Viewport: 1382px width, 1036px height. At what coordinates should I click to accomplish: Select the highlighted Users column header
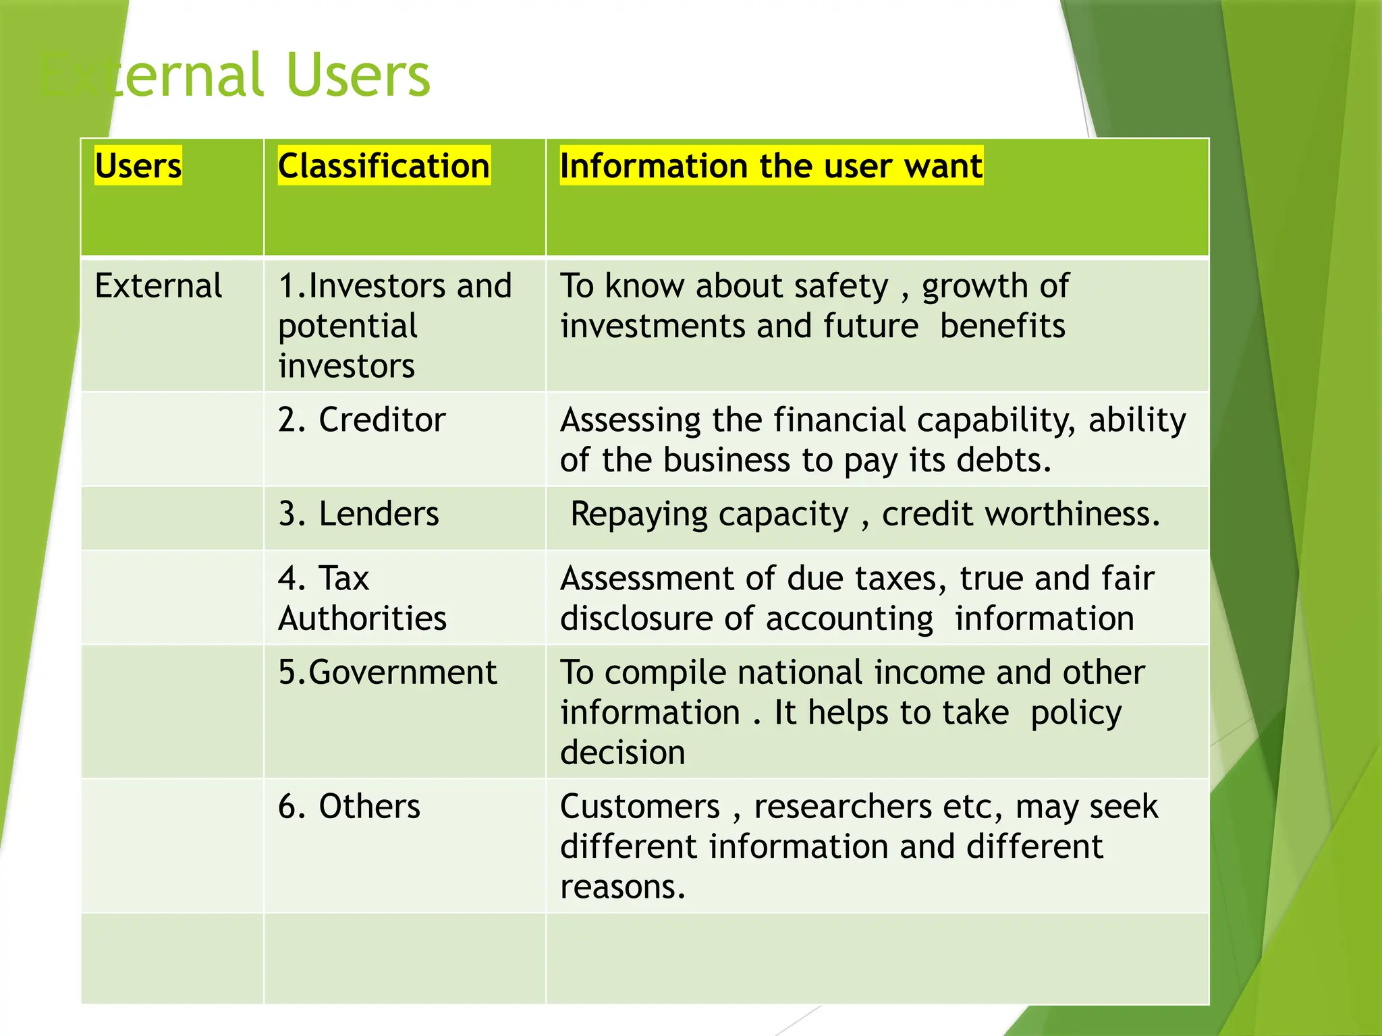click(138, 166)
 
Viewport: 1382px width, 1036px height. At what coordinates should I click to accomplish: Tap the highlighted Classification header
click(383, 166)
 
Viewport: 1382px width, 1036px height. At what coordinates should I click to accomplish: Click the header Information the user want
click(771, 166)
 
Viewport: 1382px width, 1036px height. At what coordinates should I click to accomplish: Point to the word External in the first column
click(159, 286)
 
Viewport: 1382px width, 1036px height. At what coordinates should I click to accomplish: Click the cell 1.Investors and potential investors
click(395, 326)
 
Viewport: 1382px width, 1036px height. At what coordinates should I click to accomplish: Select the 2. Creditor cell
click(362, 420)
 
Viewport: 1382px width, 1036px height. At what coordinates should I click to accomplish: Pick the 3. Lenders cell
click(358, 514)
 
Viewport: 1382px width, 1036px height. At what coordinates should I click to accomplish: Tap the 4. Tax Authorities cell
click(362, 598)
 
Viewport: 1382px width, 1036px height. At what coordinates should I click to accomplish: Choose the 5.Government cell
click(387, 672)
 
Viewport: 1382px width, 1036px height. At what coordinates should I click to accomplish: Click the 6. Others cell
click(349, 807)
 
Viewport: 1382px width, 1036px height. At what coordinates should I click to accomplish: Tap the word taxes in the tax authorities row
click(895, 579)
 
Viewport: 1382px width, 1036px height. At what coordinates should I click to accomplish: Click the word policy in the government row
click(1076, 714)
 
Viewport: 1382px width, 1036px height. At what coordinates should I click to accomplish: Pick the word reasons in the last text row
click(621, 888)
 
